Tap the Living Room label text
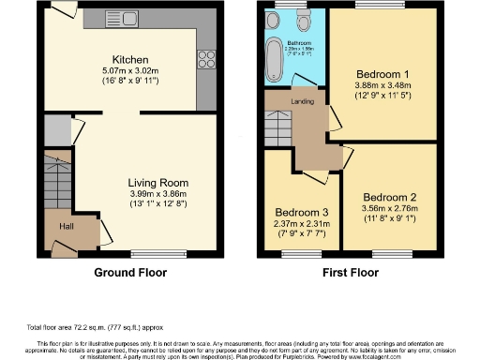157,183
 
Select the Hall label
57,226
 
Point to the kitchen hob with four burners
205,60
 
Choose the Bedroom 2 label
389,197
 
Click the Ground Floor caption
130,274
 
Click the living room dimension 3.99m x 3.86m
157,194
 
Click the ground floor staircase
57,177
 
